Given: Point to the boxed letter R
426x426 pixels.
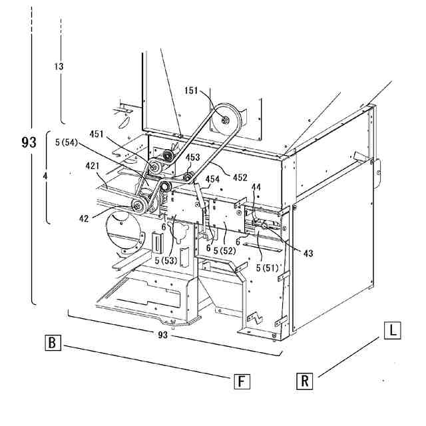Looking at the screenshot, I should [304, 381].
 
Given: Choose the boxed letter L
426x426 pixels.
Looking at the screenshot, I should [393, 329].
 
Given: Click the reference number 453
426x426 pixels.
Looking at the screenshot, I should [192, 158].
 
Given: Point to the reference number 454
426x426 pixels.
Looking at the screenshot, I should [212, 179].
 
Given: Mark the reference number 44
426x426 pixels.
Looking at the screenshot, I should [256, 188].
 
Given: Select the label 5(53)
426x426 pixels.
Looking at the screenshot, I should [167, 260].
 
